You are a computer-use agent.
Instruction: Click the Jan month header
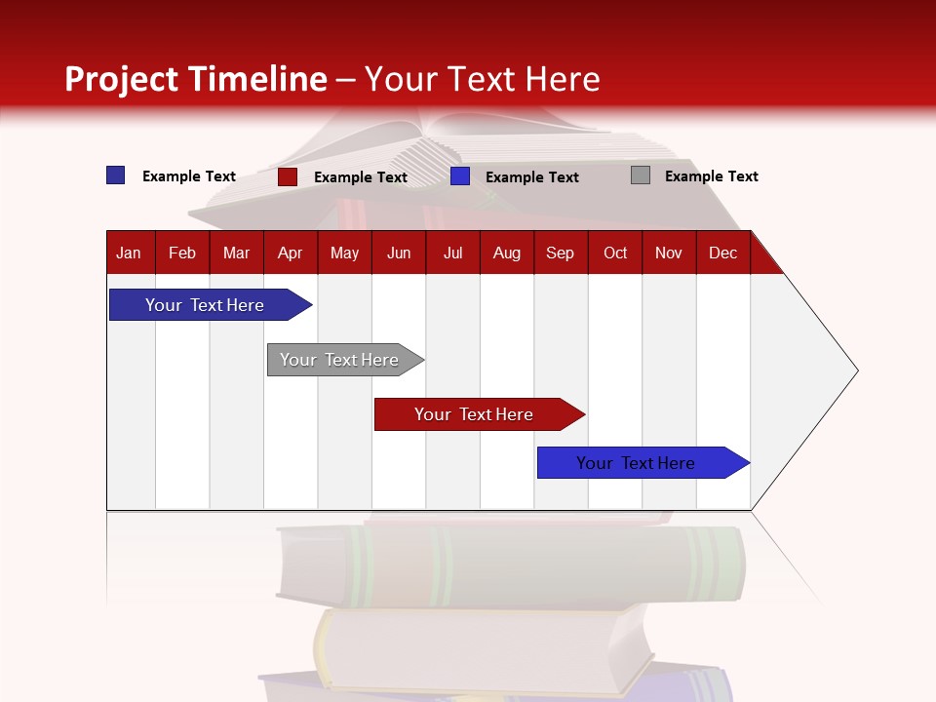[x=129, y=253]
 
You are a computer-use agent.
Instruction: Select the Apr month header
[x=290, y=253]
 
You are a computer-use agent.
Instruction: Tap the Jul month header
[x=452, y=253]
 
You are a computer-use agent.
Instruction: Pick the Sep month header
[x=560, y=253]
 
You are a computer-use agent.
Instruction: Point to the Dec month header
[x=722, y=253]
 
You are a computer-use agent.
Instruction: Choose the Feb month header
[x=182, y=253]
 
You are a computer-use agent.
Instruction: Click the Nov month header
[x=669, y=253]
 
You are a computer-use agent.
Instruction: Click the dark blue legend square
[x=116, y=175]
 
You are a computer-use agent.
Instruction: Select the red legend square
[x=288, y=176]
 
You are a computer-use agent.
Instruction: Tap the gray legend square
[x=641, y=175]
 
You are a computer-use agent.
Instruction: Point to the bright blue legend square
[x=460, y=176]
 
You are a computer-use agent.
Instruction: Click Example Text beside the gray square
[x=711, y=176]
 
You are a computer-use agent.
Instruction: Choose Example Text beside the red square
[x=360, y=177]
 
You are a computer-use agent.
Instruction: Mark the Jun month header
[x=399, y=253]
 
